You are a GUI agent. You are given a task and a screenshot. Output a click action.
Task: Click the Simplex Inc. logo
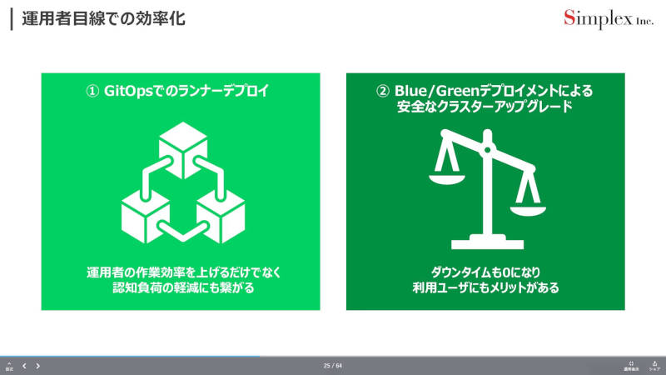(609, 19)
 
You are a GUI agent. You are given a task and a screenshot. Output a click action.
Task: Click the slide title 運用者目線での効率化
(103, 19)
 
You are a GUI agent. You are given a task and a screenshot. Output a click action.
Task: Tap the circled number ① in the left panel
(92, 91)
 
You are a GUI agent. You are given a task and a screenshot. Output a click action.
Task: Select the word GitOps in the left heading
(128, 91)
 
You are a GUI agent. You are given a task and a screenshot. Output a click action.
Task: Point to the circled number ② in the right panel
(383, 91)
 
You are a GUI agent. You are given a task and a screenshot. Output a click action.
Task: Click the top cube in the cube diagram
(183, 150)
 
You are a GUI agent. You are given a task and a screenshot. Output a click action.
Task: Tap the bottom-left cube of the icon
(145, 216)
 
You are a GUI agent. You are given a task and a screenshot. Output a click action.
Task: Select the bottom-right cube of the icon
(221, 216)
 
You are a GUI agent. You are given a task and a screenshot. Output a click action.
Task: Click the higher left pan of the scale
(447, 179)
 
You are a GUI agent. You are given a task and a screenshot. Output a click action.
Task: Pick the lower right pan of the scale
(528, 211)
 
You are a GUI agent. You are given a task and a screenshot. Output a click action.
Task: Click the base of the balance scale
(487, 242)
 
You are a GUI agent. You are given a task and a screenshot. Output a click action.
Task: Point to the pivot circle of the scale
(488, 150)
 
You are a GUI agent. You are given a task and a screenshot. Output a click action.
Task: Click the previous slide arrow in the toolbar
(24, 366)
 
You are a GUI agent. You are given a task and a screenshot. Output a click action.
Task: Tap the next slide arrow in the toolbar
(37, 366)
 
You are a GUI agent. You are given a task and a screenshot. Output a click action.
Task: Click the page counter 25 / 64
(332, 366)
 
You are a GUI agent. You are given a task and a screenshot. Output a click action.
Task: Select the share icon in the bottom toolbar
(654, 366)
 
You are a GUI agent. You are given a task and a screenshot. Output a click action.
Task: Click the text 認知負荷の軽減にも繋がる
(183, 287)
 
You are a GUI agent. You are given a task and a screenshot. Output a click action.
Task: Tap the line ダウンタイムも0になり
(486, 272)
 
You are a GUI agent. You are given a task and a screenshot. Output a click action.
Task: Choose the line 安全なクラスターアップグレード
(485, 107)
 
